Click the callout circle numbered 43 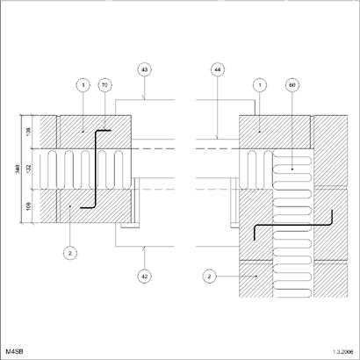(145, 69)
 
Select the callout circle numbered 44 (218, 69)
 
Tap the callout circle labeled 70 (104, 85)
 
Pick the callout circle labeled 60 (292, 85)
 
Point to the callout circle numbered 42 (145, 276)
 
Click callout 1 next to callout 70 (83, 85)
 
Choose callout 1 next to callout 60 (260, 85)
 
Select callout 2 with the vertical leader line (70, 253)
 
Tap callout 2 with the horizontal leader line (209, 276)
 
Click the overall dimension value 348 (18, 169)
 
